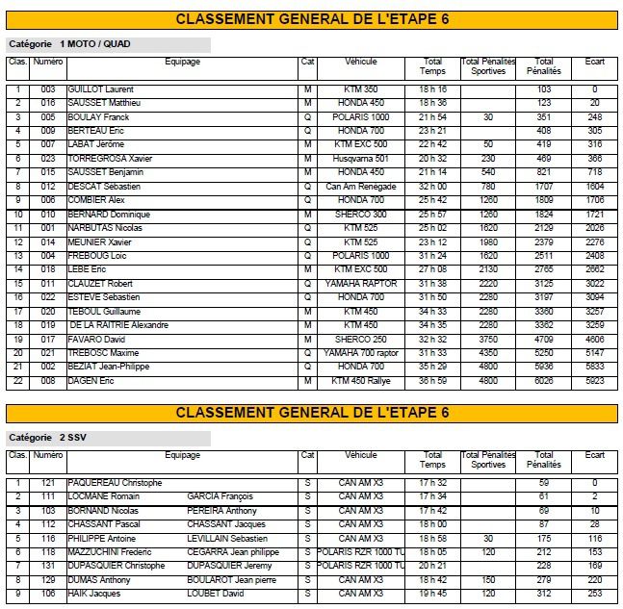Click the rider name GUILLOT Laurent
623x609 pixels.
point(100,89)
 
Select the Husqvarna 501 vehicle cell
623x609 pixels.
point(360,158)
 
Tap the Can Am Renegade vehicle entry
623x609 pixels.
point(360,186)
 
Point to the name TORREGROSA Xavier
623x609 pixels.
point(109,158)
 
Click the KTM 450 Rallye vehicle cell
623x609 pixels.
point(360,381)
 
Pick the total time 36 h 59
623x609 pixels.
point(432,381)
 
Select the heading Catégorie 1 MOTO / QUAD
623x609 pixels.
point(68,44)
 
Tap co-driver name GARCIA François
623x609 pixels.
point(221,496)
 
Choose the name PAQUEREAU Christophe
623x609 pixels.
point(114,483)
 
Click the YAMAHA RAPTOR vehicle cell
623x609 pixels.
point(360,284)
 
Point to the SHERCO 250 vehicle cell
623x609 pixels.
point(360,340)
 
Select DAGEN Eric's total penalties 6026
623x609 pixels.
point(544,381)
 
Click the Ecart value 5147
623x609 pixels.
point(594,353)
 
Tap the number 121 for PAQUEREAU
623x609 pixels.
point(48,483)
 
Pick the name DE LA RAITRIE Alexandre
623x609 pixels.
point(118,325)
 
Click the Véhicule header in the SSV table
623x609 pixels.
point(360,455)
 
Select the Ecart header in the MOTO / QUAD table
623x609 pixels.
point(594,62)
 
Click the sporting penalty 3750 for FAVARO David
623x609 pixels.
point(488,340)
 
